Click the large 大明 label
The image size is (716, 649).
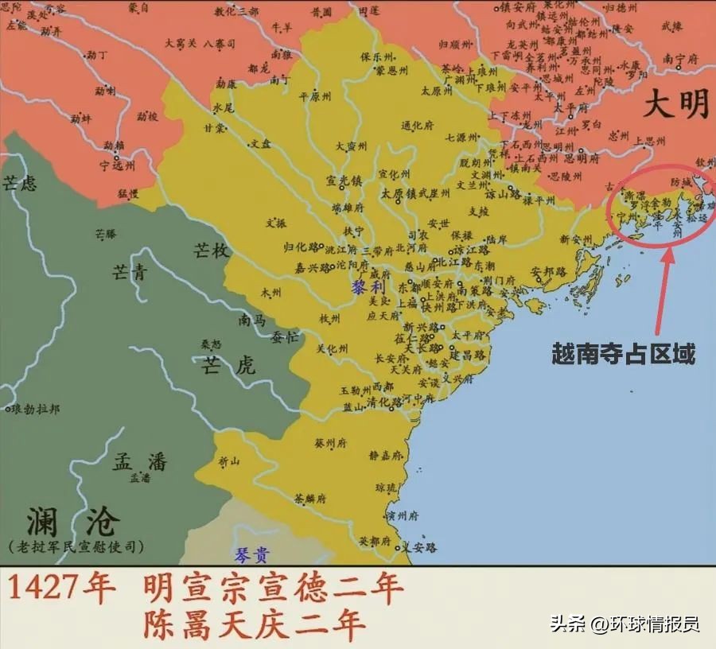point(676,104)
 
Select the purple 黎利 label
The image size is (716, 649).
point(368,288)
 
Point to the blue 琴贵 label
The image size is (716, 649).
point(252,554)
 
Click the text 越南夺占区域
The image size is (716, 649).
point(623,353)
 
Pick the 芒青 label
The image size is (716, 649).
point(128,274)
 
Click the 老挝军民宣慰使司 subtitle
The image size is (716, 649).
point(76,547)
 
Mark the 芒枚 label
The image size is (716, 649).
point(211,251)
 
